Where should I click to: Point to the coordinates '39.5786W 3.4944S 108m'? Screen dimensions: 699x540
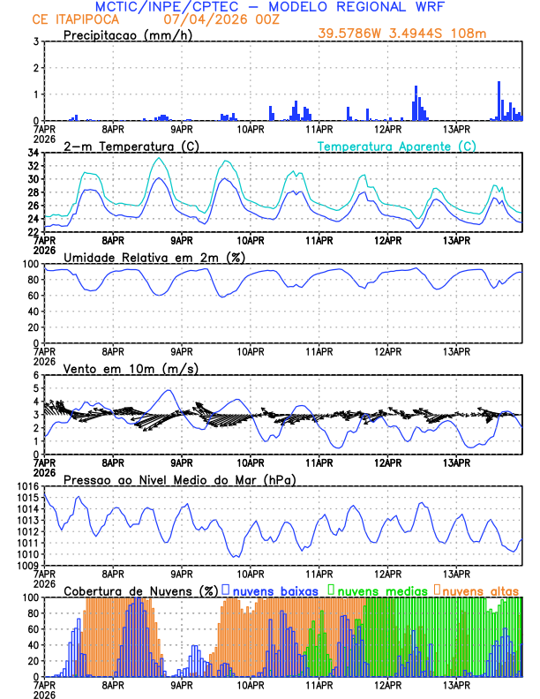coord(401,34)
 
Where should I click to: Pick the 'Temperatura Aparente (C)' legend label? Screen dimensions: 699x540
coord(396,146)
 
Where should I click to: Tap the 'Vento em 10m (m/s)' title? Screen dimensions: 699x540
coord(131,368)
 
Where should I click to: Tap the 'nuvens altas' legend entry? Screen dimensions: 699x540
coord(480,590)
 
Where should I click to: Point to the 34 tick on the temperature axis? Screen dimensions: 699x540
coord(33,153)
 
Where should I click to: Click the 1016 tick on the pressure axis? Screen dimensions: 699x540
coord(26,487)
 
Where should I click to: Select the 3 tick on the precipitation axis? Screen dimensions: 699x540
coord(35,41)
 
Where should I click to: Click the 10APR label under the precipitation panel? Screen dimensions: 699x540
coord(251,129)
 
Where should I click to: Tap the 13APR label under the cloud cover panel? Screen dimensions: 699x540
coord(455,685)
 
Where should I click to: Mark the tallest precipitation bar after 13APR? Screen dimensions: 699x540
coord(499,101)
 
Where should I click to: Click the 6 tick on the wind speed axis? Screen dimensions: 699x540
coord(35,375)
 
